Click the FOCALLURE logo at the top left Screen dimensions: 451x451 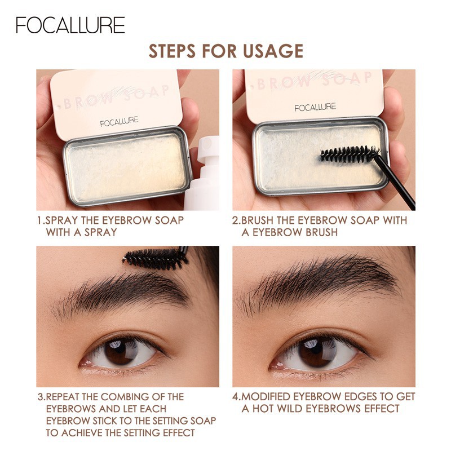70,25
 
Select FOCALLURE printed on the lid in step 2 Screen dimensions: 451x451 315,107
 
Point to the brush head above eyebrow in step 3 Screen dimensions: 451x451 156,258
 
